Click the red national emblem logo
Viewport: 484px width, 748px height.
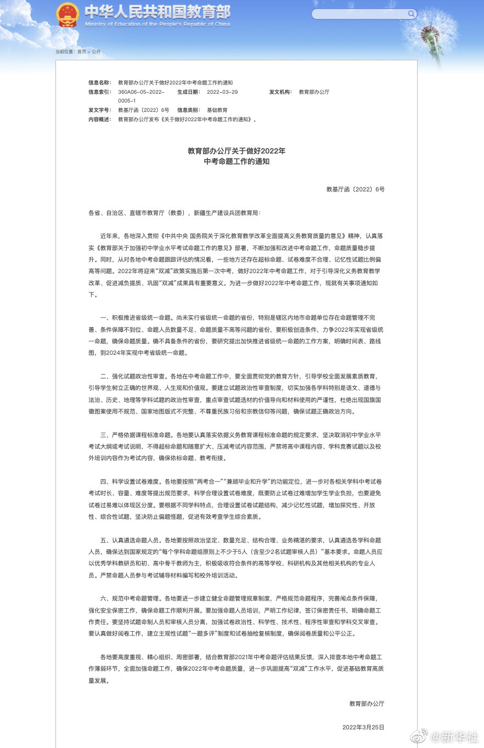(67, 14)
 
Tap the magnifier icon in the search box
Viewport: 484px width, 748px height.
(411, 14)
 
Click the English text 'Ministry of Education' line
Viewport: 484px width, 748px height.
(157, 24)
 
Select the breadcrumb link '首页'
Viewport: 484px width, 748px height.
(82, 52)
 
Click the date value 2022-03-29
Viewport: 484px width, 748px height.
(222, 92)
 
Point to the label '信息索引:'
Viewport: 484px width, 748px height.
(99, 92)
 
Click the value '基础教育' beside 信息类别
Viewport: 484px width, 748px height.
(217, 110)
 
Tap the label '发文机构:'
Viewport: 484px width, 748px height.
(280, 92)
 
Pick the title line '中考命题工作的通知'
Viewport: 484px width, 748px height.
(237, 162)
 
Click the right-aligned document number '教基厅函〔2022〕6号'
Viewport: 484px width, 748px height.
(355, 189)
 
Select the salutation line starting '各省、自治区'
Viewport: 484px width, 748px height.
(175, 212)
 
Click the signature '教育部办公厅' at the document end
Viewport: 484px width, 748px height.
(367, 704)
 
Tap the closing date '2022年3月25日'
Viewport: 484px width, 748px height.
(363, 727)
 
